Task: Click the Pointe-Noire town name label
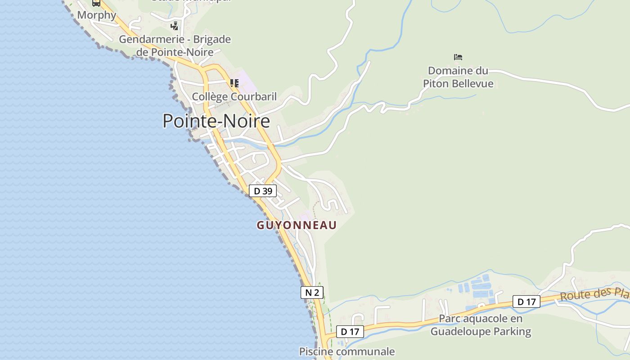click(216, 121)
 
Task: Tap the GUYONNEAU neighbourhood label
click(297, 225)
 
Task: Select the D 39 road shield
click(263, 191)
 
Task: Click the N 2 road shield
click(312, 292)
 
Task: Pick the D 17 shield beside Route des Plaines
click(526, 301)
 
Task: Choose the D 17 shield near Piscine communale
click(350, 332)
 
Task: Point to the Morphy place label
click(97, 15)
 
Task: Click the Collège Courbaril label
click(234, 96)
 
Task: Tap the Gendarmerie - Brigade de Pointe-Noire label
click(175, 45)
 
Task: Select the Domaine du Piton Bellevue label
click(458, 77)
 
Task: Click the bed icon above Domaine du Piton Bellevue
click(458, 57)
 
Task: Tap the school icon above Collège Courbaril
click(234, 83)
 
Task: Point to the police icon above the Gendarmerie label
click(174, 26)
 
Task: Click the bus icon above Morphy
click(96, 3)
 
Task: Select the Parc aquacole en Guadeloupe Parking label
click(481, 325)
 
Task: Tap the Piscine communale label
click(347, 351)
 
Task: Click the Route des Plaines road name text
click(594, 294)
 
